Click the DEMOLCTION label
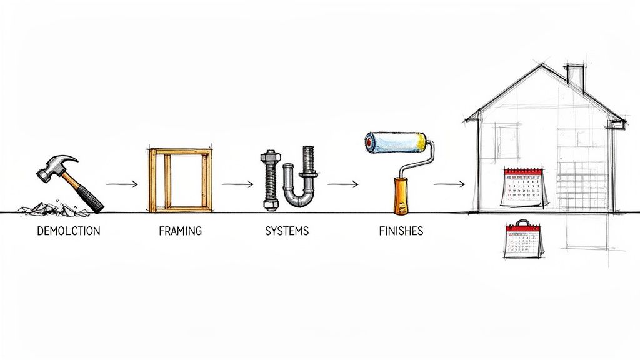click(x=68, y=231)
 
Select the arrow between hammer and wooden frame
click(x=121, y=184)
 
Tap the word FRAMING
click(x=180, y=231)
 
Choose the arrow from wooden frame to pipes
click(x=237, y=184)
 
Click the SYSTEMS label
click(x=287, y=231)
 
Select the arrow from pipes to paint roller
click(x=342, y=184)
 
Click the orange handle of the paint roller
click(x=398, y=194)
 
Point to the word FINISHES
click(x=401, y=231)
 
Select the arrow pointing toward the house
click(x=449, y=184)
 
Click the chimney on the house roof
click(x=575, y=76)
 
